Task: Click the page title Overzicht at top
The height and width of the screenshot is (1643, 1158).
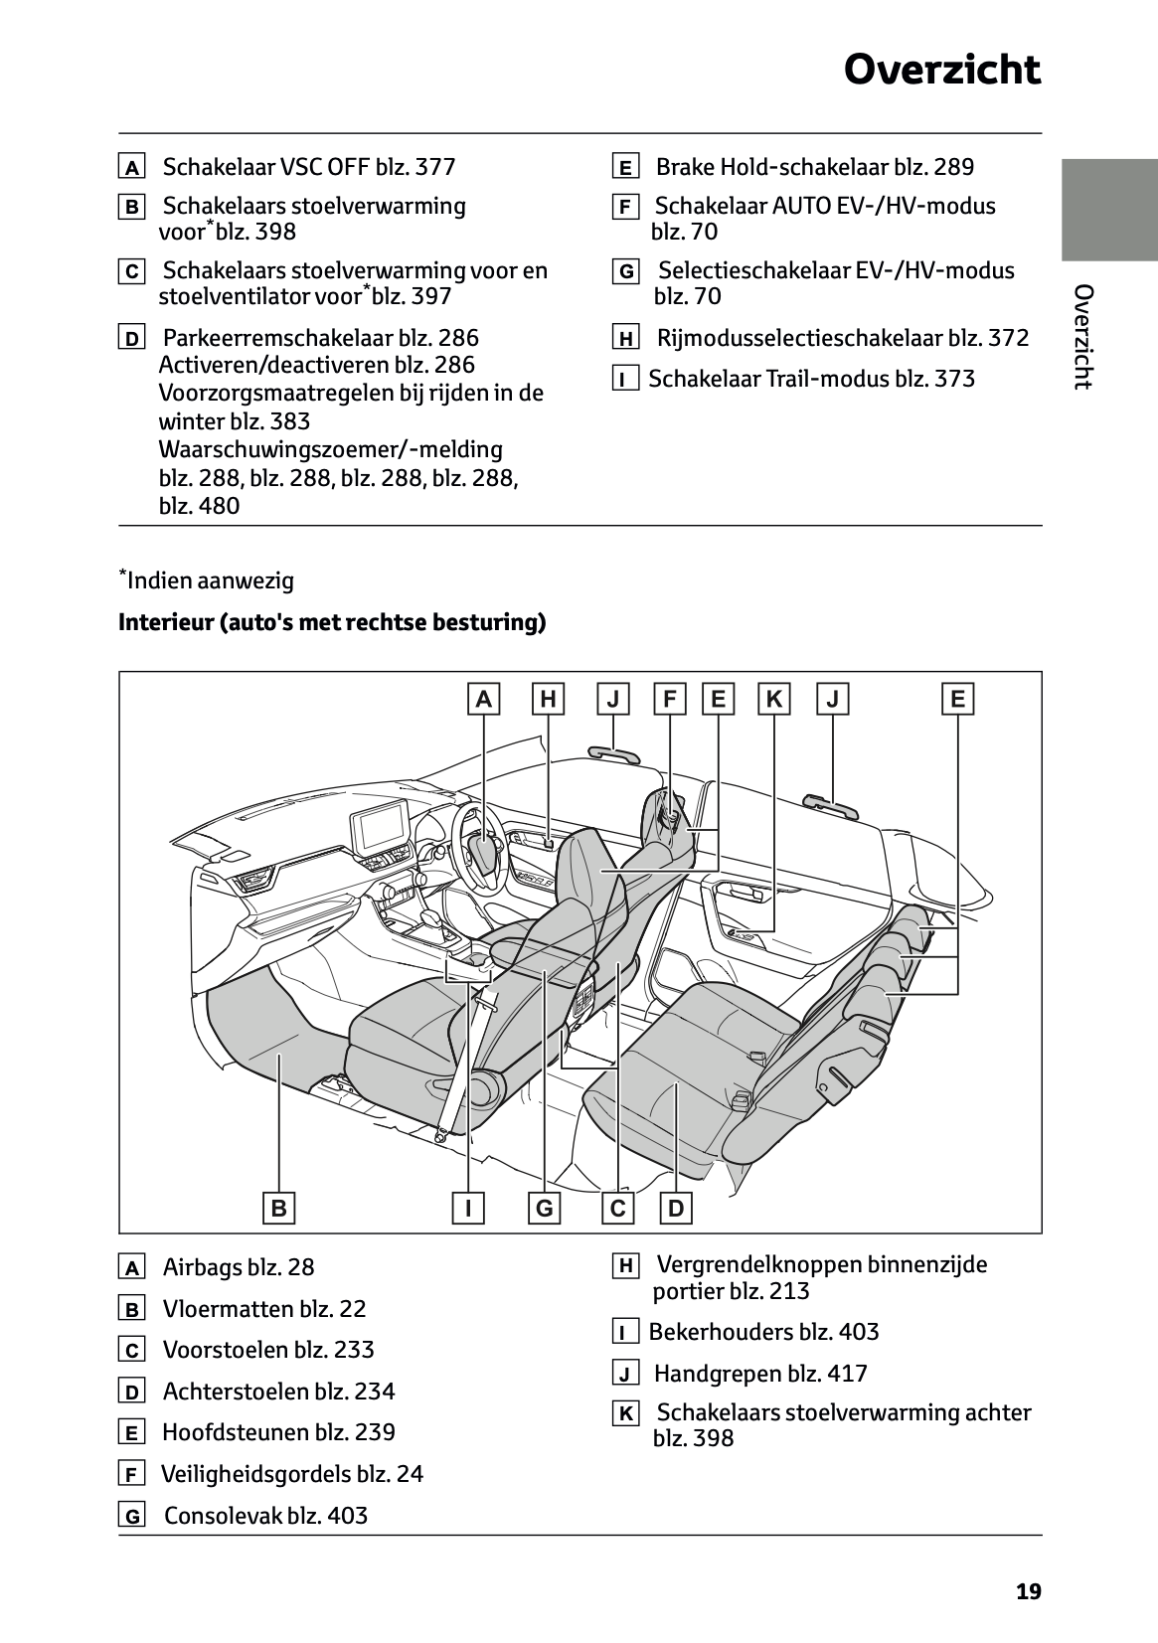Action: [941, 71]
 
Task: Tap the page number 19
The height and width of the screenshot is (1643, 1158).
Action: [1029, 1592]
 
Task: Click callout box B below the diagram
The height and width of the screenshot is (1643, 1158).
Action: [279, 1208]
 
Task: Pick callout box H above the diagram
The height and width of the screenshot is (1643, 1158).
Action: [548, 700]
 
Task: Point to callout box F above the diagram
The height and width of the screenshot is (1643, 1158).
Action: [669, 700]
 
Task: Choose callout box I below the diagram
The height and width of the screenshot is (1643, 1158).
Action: [467, 1208]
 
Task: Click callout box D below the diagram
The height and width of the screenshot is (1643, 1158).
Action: [676, 1208]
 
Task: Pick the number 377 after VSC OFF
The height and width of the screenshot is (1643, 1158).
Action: [434, 167]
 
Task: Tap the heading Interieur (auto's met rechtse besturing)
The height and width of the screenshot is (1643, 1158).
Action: [332, 622]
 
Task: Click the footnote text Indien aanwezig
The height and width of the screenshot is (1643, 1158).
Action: [210, 580]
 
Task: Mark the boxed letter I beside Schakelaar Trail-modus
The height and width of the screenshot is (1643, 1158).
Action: [625, 380]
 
